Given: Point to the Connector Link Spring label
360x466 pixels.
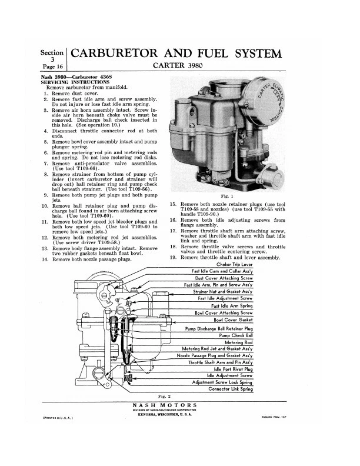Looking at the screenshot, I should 230,389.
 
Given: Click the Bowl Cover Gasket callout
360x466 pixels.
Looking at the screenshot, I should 233,320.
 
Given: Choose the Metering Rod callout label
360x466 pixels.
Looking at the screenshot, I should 238,342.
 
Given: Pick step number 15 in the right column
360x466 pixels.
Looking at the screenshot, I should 173,203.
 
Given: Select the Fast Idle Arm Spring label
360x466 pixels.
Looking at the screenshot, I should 232,306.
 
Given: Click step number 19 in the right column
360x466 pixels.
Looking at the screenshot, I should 173,257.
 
